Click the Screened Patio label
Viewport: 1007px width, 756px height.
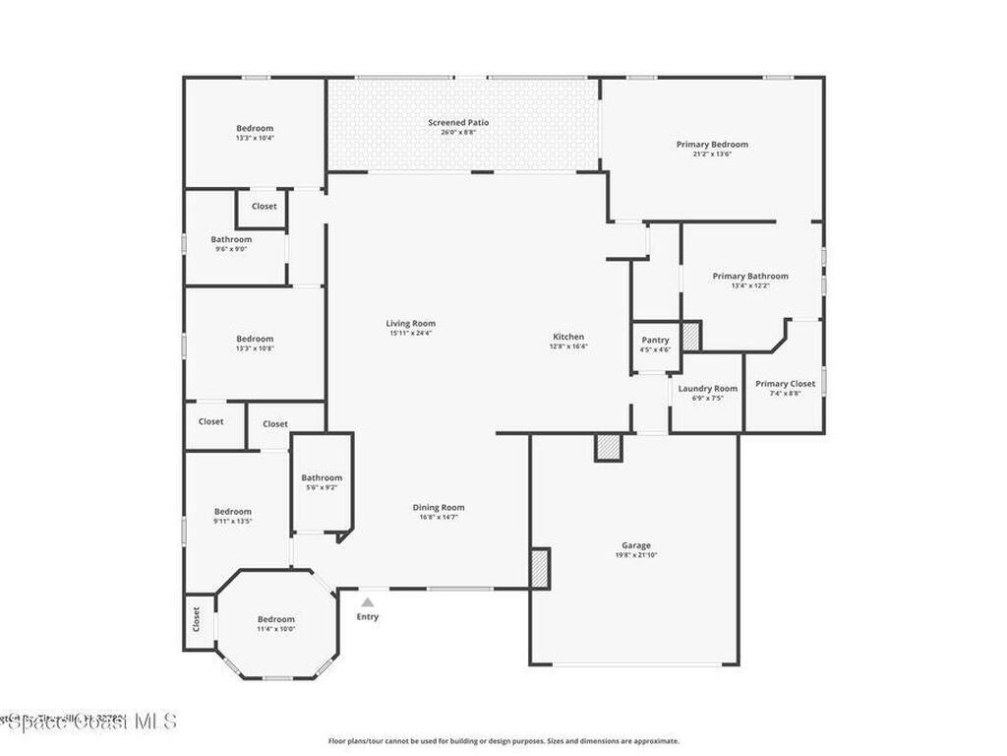click(x=458, y=123)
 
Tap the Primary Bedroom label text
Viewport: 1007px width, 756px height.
click(x=712, y=145)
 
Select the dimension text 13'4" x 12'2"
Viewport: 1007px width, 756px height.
click(x=750, y=286)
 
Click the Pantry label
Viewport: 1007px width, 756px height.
click(x=655, y=341)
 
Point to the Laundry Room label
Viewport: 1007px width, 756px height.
click(x=707, y=389)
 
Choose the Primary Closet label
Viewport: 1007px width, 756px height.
click(x=785, y=384)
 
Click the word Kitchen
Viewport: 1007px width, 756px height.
click(x=567, y=337)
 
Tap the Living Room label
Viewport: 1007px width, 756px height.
click(x=410, y=323)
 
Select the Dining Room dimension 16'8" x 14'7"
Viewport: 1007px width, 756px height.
click(x=438, y=517)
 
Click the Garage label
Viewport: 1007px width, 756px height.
click(x=636, y=545)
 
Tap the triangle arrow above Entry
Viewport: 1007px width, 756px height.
click(x=367, y=601)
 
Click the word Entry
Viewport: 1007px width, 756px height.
click(x=367, y=617)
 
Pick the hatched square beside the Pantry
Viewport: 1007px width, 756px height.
click(x=691, y=336)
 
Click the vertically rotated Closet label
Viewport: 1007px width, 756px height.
click(x=197, y=620)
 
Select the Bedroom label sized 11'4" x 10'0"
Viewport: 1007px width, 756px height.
click(x=276, y=619)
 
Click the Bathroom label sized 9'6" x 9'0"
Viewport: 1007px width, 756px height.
click(x=231, y=239)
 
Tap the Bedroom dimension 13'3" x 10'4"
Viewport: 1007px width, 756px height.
click(x=255, y=138)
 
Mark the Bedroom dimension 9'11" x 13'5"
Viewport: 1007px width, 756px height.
click(x=233, y=521)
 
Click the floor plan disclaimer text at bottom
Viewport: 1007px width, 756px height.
click(x=503, y=741)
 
